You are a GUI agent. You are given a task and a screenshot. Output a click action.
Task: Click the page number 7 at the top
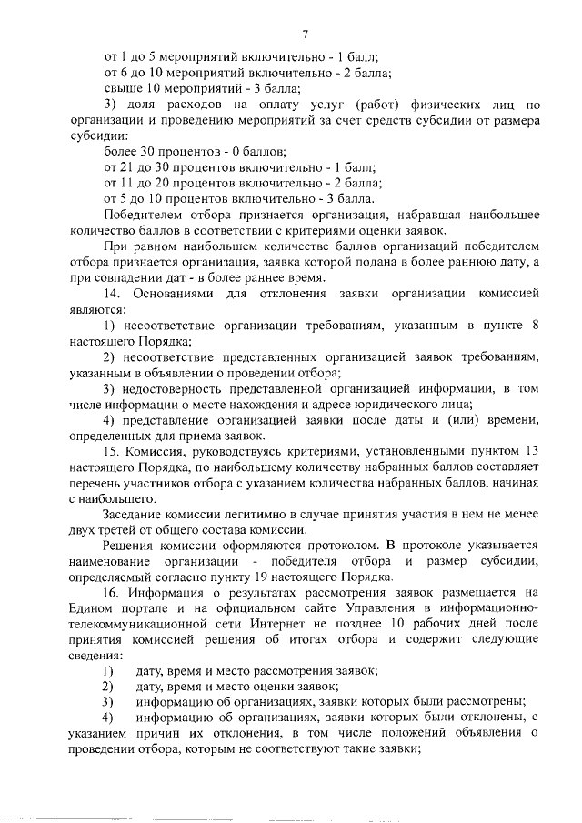[306, 34]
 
